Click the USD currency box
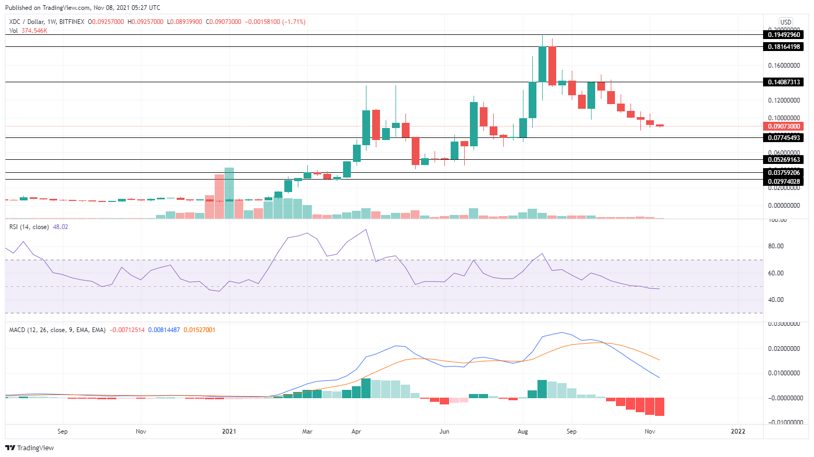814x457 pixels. (785, 22)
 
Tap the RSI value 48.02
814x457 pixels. (60, 227)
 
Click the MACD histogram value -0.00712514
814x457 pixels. (127, 330)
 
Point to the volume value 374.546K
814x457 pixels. (34, 31)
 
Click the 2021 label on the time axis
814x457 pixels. (229, 431)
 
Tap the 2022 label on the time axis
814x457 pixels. (738, 431)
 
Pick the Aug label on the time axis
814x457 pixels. (523, 431)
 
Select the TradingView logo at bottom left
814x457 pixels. (30, 448)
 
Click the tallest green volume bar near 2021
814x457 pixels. (229, 193)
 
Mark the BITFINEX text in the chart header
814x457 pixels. (72, 22)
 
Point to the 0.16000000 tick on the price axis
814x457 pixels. (784, 66)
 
